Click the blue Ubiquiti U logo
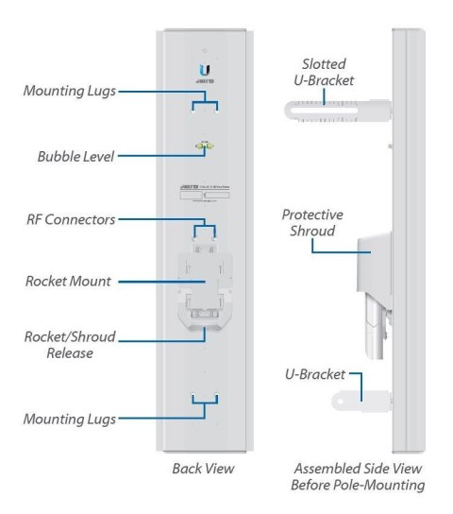point(204,69)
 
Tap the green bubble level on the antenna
point(203,146)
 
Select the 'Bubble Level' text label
point(75,157)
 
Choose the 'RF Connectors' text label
point(71,219)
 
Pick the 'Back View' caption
point(203,469)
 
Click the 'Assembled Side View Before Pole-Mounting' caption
point(358,477)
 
